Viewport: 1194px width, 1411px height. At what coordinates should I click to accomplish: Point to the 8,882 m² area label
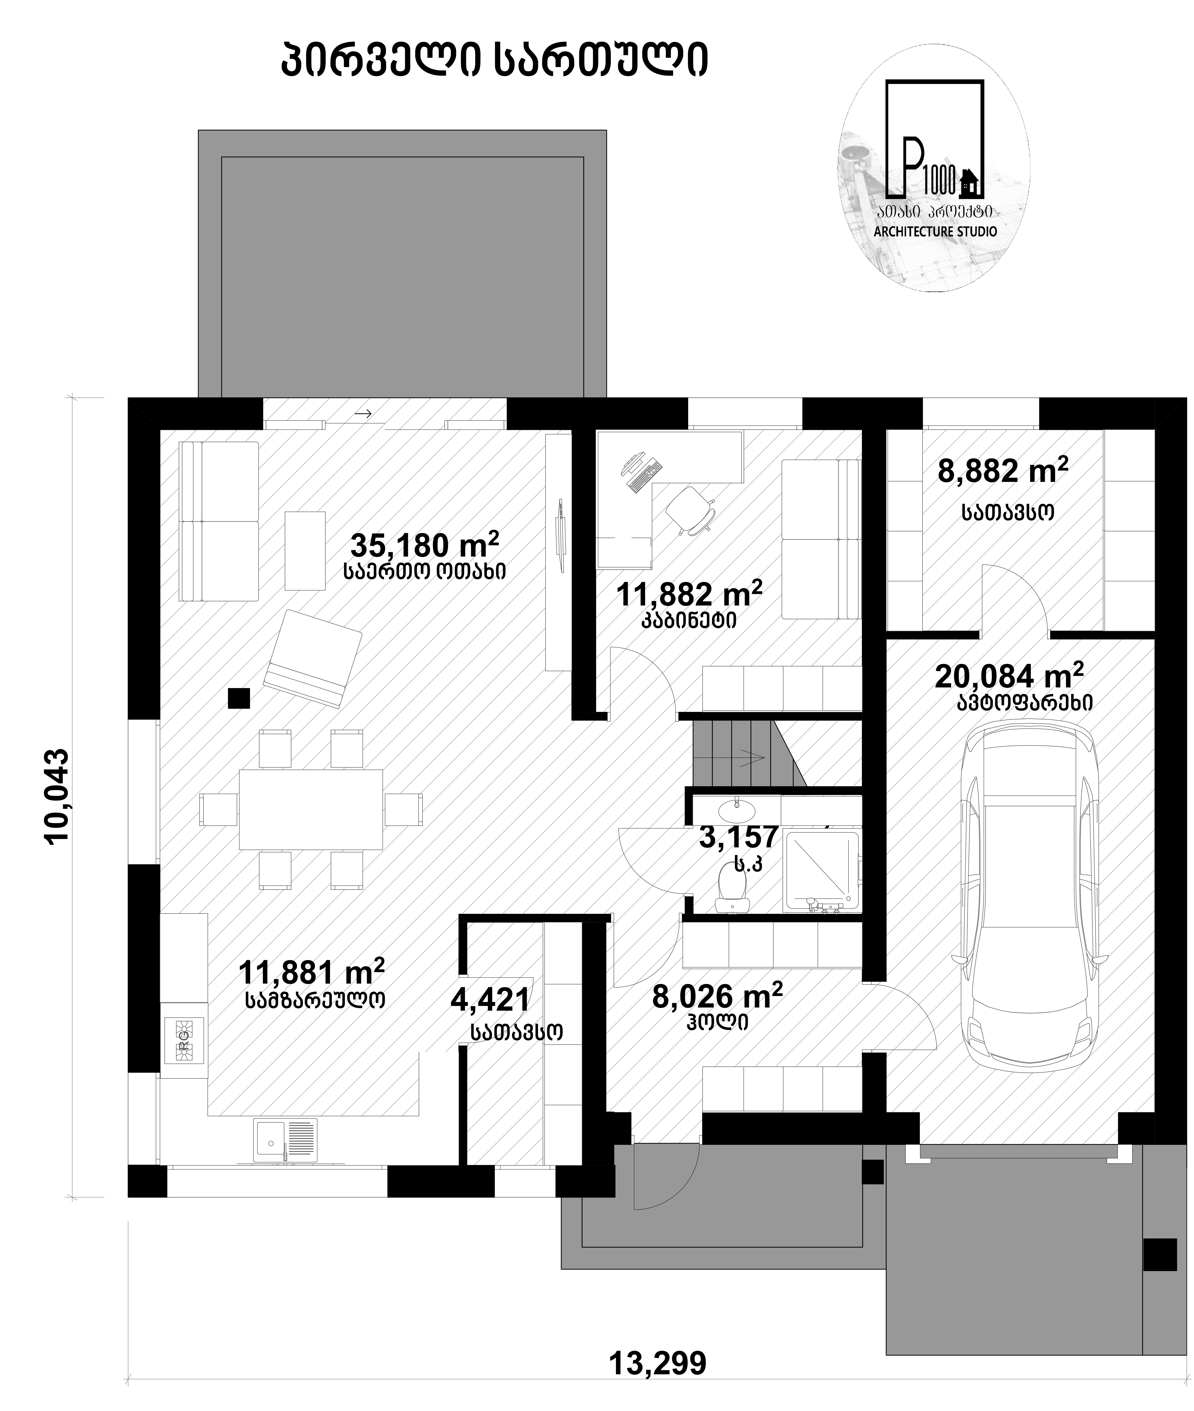pyautogui.click(x=1003, y=470)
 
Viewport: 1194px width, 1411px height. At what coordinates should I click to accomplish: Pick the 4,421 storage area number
pyautogui.click(x=490, y=1000)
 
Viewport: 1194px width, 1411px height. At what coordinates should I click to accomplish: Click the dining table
pyautogui.click(x=311, y=809)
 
